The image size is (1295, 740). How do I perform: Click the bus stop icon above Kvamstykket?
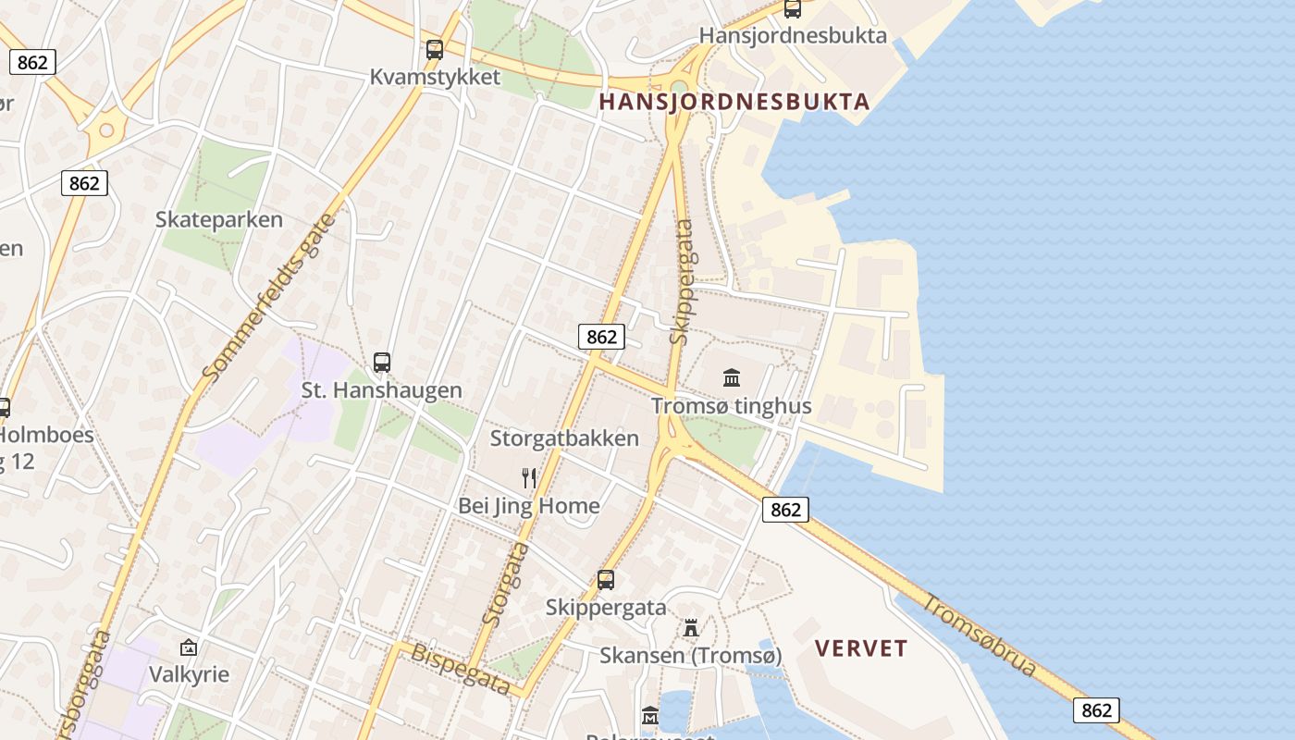point(435,50)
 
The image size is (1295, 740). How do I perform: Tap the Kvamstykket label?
point(435,77)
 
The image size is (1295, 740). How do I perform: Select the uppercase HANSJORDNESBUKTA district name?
point(734,102)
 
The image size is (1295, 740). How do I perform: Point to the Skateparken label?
point(219,220)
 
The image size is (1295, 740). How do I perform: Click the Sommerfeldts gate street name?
point(269,298)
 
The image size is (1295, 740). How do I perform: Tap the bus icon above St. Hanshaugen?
point(382,363)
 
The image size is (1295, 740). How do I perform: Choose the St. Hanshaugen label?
point(382,390)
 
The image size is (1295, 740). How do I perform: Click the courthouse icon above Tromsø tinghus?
point(732,377)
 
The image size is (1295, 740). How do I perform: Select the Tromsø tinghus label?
point(732,406)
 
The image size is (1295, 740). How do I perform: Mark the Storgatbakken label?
point(564,438)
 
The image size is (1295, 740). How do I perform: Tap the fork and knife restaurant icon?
point(529,478)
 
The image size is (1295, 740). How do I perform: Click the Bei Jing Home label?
point(529,506)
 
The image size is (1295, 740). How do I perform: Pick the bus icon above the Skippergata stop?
point(606,580)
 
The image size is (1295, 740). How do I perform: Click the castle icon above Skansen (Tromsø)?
point(691,628)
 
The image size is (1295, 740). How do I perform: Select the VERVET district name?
point(861,648)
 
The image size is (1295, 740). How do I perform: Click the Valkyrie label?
point(189,674)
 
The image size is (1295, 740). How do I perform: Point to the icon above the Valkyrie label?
point(189,647)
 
